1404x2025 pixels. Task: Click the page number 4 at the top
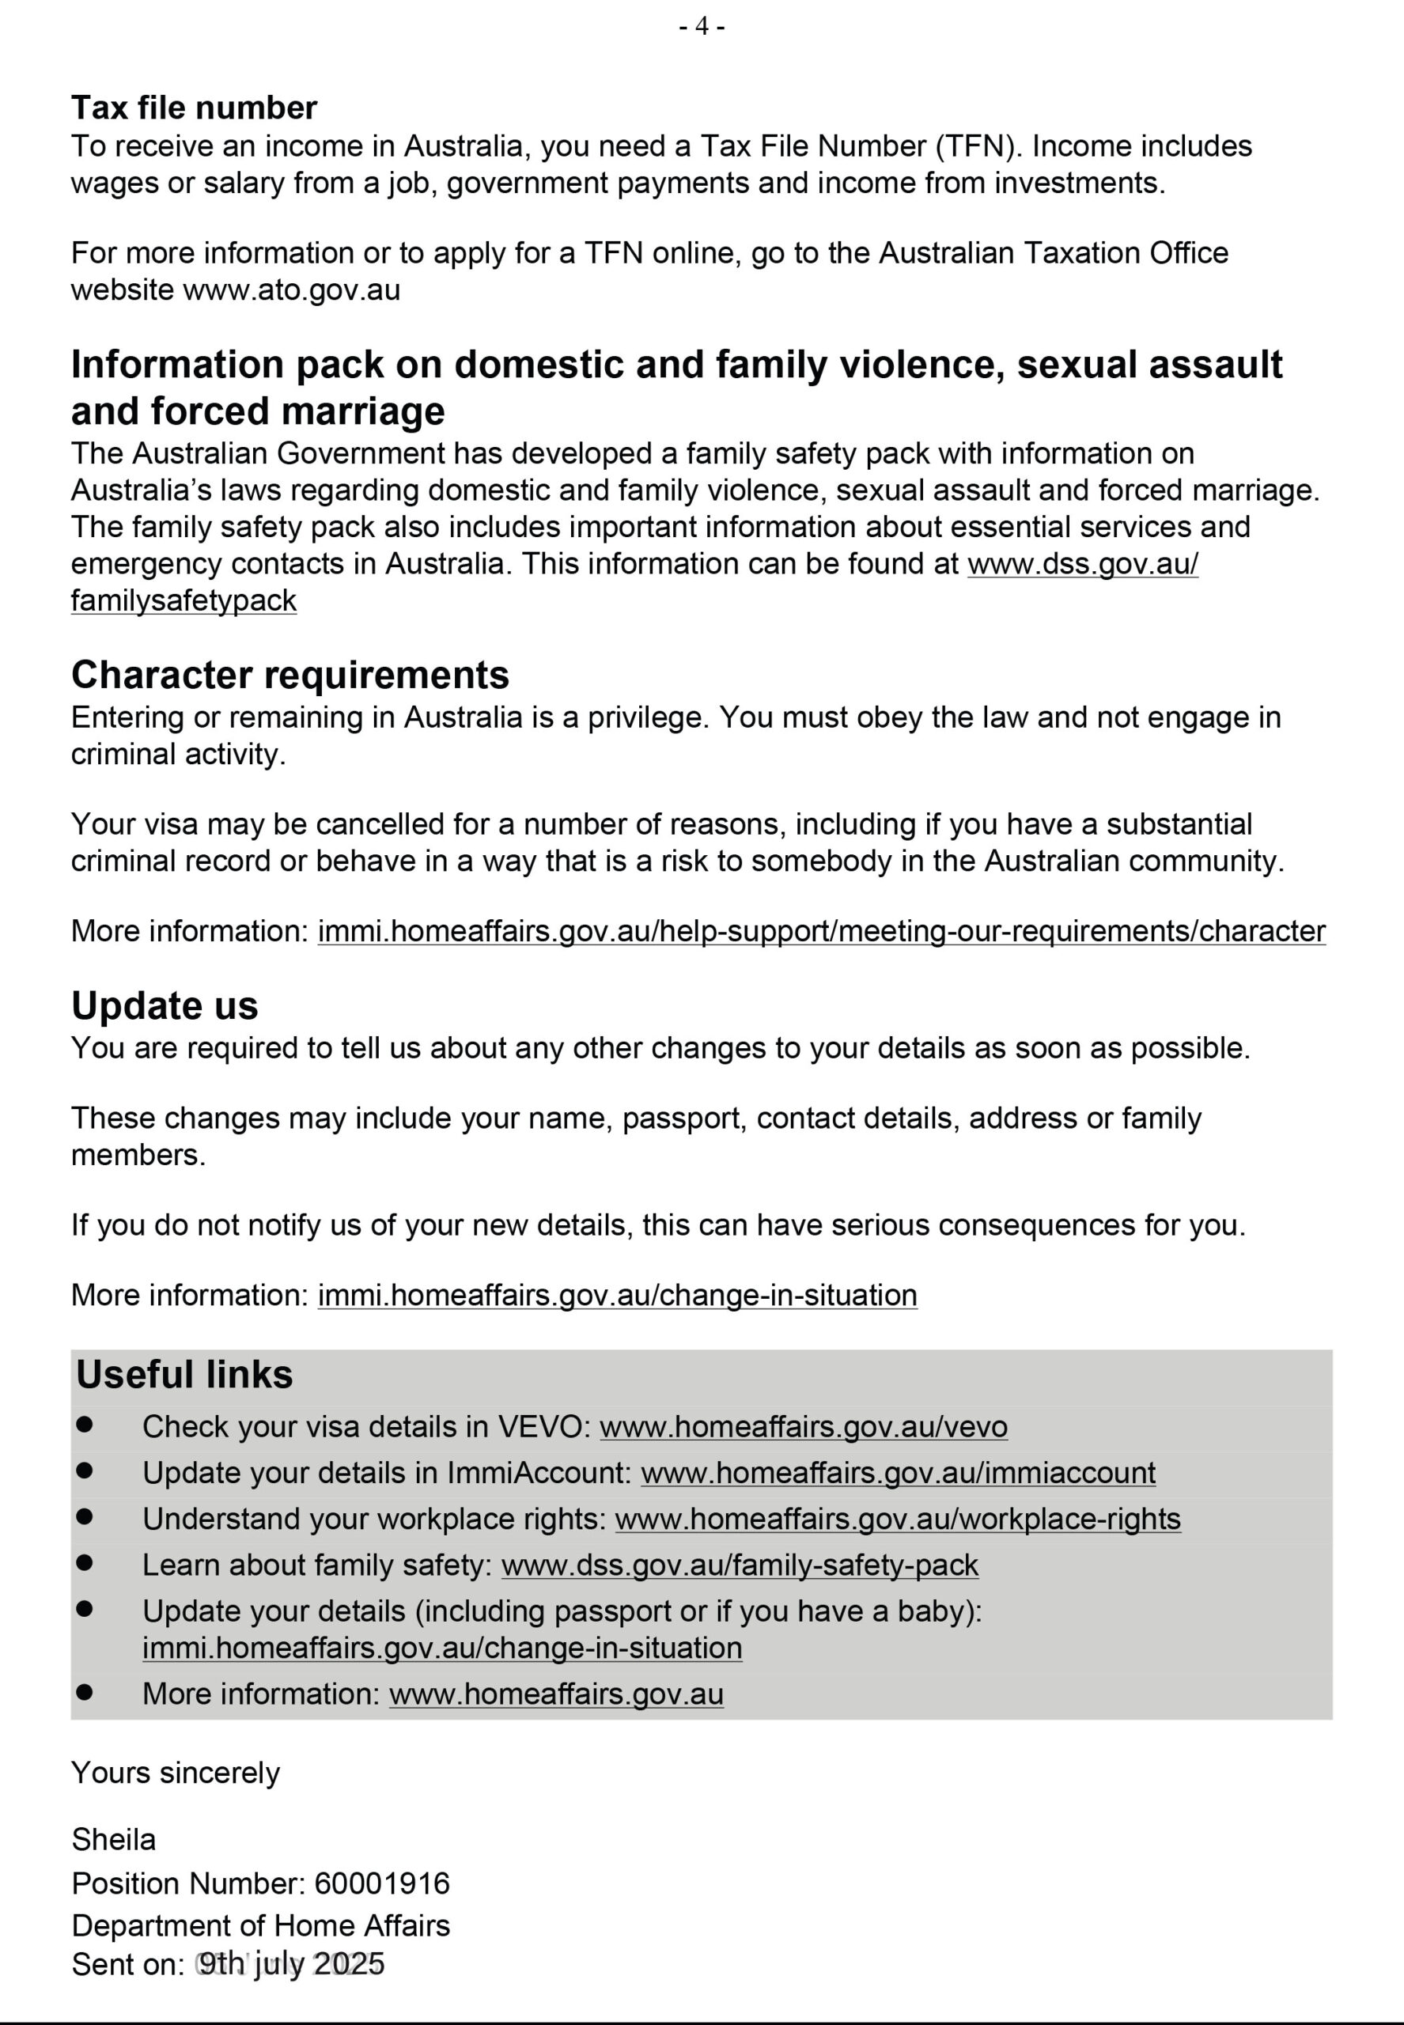[x=701, y=26]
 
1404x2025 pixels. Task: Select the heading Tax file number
[x=194, y=108]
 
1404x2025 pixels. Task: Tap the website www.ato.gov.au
[x=291, y=290]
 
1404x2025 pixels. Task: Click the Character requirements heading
[x=290, y=675]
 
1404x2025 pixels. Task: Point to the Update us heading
[x=165, y=1005]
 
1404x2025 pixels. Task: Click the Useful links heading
[x=184, y=1374]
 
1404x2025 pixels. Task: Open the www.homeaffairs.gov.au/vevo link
[x=803, y=1426]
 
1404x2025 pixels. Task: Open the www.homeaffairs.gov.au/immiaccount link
[x=897, y=1473]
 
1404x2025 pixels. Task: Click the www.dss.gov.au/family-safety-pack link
[x=739, y=1565]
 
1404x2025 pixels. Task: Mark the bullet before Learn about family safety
[x=85, y=1563]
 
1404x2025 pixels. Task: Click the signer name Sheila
[x=113, y=1839]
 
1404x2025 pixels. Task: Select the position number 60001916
[x=382, y=1883]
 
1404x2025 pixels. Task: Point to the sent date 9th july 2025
[x=291, y=1964]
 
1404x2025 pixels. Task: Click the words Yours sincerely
[x=175, y=1773]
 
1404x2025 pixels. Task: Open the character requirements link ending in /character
[x=821, y=931]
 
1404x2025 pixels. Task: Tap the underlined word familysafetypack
[x=184, y=601]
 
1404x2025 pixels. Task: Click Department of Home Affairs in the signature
[x=260, y=1925]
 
